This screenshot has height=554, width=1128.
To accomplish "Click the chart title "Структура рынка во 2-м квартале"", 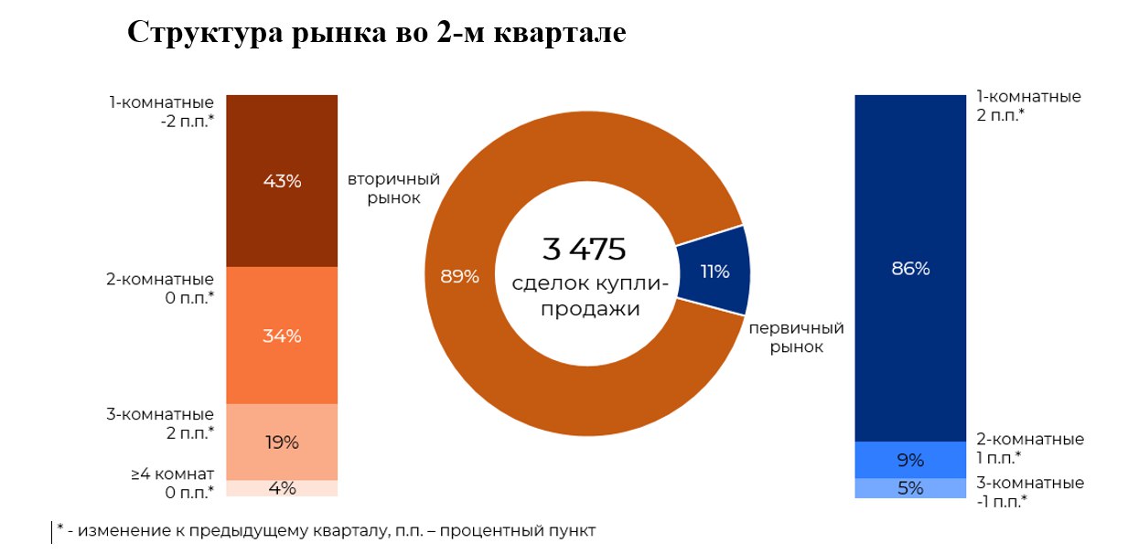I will [x=376, y=32].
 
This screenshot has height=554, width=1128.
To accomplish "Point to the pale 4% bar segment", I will [x=282, y=488].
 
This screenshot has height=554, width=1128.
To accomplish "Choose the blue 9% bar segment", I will [x=909, y=460].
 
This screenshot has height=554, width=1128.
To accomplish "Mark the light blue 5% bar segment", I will [x=909, y=488].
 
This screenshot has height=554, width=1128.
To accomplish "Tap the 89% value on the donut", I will [x=459, y=276].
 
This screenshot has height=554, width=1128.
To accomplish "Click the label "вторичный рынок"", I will [x=393, y=187].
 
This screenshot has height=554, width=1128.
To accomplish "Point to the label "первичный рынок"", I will [x=796, y=337].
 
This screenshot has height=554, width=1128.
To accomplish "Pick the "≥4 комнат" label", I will [x=172, y=474].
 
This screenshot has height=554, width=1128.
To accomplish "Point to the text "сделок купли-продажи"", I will [x=590, y=296].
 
